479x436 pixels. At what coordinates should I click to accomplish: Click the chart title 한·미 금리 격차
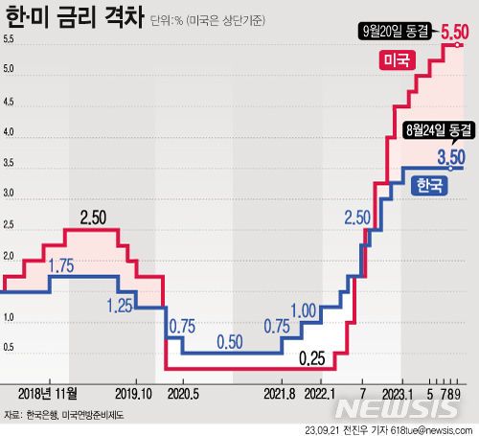tap(71, 16)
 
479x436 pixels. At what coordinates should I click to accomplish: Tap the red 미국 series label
tap(394, 60)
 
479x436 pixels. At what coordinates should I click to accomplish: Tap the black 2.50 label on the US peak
tap(92, 218)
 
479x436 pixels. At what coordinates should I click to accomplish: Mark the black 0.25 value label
tap(312, 359)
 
